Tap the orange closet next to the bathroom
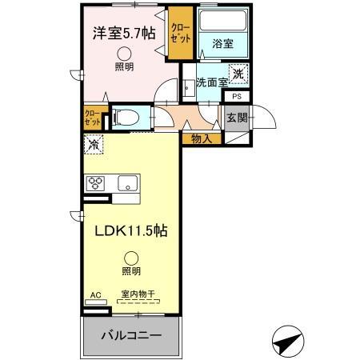(x=179, y=36)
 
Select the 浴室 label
(x=222, y=45)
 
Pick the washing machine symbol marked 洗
(x=238, y=74)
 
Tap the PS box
(x=237, y=97)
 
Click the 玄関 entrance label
(x=237, y=118)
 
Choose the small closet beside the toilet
(x=92, y=118)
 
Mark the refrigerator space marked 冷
(x=94, y=146)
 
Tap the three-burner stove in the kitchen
(x=97, y=182)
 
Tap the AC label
(x=96, y=294)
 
